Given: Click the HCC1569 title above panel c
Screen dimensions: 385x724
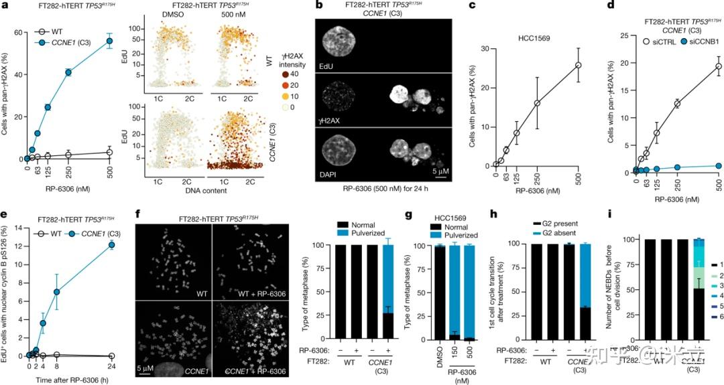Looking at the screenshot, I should pos(534,37).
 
